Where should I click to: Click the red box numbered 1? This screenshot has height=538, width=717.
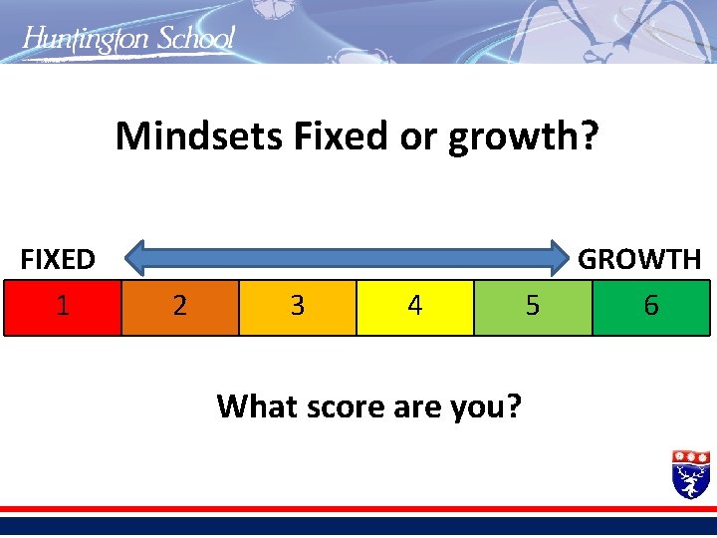(62, 307)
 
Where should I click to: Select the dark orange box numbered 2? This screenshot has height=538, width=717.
(179, 307)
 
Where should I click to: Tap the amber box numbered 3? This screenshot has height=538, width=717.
(297, 307)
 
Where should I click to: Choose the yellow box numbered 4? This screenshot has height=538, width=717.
(414, 307)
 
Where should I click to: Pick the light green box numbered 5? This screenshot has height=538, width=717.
(532, 307)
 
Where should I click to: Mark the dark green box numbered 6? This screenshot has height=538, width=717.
(650, 307)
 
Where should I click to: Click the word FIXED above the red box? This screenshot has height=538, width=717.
(58, 260)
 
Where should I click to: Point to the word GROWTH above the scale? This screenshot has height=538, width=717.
(639, 260)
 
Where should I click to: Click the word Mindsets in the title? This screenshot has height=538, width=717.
(199, 136)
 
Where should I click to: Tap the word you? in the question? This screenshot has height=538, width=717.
(485, 406)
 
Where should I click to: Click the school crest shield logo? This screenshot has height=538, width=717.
(691, 473)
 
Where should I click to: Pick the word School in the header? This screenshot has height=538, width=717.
(195, 39)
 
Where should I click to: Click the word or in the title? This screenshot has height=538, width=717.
(418, 137)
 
